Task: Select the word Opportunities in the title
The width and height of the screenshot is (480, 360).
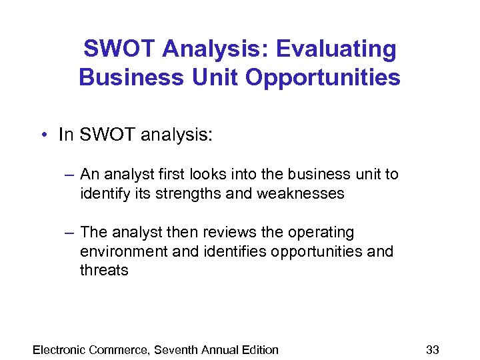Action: tap(323, 77)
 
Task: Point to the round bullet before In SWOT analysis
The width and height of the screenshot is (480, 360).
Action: tap(43, 135)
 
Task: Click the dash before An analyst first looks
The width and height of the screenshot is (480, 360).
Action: tap(69, 175)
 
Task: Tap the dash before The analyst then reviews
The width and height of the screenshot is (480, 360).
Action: tap(69, 233)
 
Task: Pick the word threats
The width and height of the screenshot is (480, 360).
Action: tap(104, 270)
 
